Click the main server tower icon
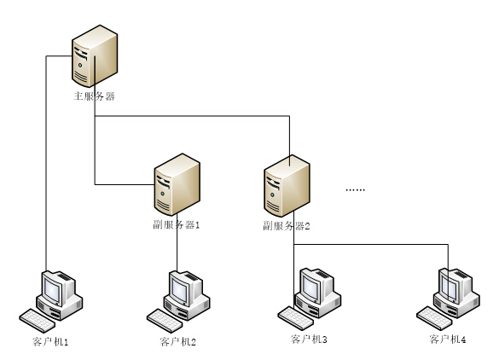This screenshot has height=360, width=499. click(95, 56)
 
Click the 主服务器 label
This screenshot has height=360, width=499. click(94, 96)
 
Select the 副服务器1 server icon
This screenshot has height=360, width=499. click(177, 184)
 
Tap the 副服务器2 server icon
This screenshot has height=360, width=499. click(287, 186)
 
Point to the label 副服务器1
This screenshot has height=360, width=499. click(177, 225)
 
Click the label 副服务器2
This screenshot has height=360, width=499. click(287, 226)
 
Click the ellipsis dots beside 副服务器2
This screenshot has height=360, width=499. click(355, 190)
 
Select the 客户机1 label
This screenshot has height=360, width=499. click(50, 342)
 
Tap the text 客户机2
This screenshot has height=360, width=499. click(178, 342)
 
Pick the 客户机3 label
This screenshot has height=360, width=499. click(309, 340)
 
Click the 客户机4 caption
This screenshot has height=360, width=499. click(448, 340)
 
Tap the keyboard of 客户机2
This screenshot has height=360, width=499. click(165, 321)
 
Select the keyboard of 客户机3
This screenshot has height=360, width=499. click(296, 318)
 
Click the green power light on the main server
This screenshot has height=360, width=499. click(80, 65)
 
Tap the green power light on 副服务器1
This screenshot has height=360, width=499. click(163, 194)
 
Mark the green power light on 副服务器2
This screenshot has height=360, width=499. click(272, 195)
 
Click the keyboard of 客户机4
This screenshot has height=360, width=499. click(434, 318)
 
